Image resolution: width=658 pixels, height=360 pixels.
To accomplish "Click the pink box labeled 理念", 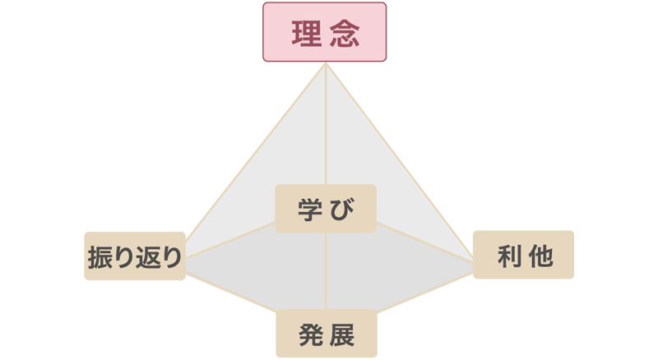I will tap(325, 32).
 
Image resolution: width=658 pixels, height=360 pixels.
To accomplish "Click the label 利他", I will tap(525, 256).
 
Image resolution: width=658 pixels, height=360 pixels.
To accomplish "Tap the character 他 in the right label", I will tap(540, 256).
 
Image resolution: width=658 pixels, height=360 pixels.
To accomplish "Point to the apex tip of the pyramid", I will tap(327, 68).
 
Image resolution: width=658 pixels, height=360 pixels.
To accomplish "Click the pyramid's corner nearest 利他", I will tap(474, 263).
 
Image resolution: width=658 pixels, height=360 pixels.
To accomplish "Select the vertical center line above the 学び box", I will tap(327, 132).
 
